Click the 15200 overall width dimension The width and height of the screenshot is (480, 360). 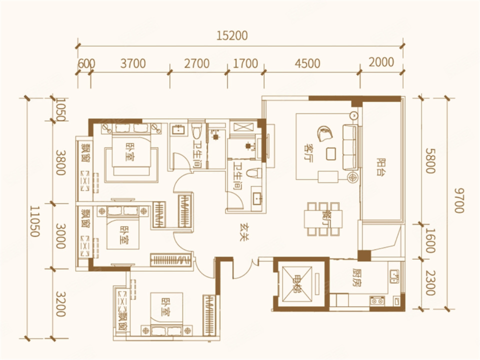(232, 36)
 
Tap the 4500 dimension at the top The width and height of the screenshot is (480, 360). (307, 63)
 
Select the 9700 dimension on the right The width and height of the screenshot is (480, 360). (458, 200)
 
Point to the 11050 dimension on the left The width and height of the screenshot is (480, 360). (34, 221)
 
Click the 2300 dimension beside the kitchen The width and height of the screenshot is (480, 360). (430, 283)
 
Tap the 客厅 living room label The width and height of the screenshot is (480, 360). (307, 153)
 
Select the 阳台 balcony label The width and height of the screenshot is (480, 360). (381, 167)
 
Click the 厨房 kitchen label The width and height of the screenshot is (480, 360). (356, 278)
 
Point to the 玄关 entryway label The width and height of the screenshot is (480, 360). (244, 233)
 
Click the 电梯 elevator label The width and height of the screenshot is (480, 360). (297, 284)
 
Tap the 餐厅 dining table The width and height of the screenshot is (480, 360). (323, 218)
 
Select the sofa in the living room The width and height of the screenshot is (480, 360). (350, 147)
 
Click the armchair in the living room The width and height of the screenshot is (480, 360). (325, 133)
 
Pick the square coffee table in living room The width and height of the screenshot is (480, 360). (330, 153)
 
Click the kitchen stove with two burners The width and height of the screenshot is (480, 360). (377, 301)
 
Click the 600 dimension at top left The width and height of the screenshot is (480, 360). (86, 64)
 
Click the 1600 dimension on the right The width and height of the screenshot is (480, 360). (430, 240)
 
